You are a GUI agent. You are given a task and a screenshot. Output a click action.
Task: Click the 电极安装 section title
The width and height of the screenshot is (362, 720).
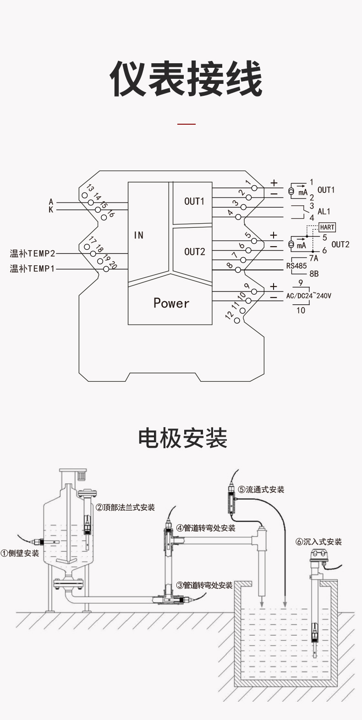pyautogui.click(x=183, y=438)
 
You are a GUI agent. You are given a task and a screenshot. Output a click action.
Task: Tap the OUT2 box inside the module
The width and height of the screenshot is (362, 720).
pyautogui.click(x=194, y=252)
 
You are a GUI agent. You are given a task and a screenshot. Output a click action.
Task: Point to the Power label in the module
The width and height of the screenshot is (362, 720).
pyautogui.click(x=171, y=303)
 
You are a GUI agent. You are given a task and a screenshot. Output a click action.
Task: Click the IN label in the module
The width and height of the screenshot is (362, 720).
pyautogui.click(x=138, y=235)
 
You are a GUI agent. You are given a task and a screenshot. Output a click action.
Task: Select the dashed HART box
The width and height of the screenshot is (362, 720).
pyautogui.click(x=327, y=227)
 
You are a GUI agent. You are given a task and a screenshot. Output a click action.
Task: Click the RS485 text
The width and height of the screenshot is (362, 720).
pyautogui.click(x=296, y=266)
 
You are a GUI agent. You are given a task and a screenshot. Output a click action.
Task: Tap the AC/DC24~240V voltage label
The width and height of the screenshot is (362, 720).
pyautogui.click(x=308, y=296)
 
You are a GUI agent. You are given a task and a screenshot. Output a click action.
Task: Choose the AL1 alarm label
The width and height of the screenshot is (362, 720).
pyautogui.click(x=324, y=212)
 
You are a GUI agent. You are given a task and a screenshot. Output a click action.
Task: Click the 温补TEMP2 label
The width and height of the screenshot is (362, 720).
pyautogui.click(x=33, y=253)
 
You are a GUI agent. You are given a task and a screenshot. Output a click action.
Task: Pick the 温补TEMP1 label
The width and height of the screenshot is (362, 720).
pyautogui.click(x=33, y=269)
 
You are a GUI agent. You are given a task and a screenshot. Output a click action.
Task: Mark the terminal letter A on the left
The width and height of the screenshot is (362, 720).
pyautogui.click(x=51, y=202)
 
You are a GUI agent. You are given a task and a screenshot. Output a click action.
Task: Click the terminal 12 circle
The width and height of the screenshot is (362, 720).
pyautogui.click(x=237, y=320)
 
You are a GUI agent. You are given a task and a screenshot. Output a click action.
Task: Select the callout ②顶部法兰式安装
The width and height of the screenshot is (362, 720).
pyautogui.click(x=125, y=507)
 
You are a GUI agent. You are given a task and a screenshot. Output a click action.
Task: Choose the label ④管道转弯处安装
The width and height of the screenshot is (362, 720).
pyautogui.click(x=206, y=528)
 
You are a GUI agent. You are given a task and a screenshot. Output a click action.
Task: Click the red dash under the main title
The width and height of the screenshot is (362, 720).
pyautogui.click(x=186, y=124)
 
